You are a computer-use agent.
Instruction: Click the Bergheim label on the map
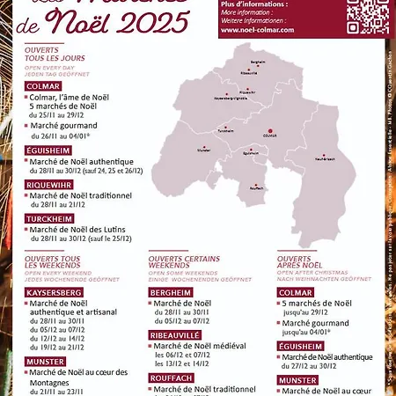click(258, 63)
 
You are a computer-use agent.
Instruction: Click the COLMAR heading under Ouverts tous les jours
click(43, 87)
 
